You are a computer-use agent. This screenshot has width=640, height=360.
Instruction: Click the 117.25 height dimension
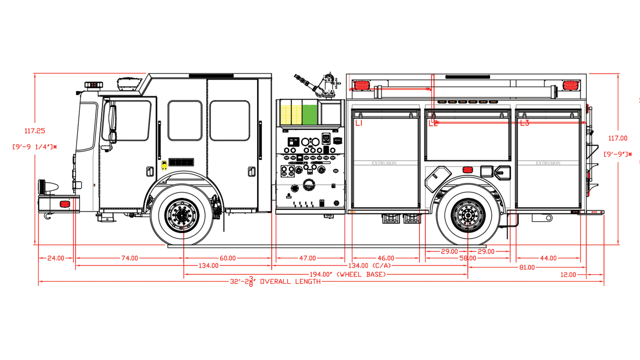35,131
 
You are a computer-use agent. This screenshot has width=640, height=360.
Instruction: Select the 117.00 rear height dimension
618,138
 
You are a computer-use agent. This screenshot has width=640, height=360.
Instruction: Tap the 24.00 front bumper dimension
56,258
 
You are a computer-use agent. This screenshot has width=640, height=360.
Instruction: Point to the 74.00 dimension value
130,258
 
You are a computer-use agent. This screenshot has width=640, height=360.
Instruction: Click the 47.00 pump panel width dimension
308,258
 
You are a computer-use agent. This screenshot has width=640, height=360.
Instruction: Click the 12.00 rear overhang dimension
568,275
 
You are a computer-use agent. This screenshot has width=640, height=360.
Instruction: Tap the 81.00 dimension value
527,267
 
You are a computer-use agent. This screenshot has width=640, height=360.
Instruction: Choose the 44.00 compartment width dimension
548,258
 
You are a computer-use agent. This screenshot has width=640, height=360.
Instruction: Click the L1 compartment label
359,123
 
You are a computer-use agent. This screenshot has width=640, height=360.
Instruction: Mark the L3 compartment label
524,123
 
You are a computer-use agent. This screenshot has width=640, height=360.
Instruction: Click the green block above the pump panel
310,114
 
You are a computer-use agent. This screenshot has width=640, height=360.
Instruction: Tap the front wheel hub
182,215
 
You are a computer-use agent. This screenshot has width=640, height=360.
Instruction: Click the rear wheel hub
468,215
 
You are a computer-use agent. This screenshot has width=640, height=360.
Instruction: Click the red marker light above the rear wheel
468,170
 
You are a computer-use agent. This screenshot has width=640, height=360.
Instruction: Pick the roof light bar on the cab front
94,85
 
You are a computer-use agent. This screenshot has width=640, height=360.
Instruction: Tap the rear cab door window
230,120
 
